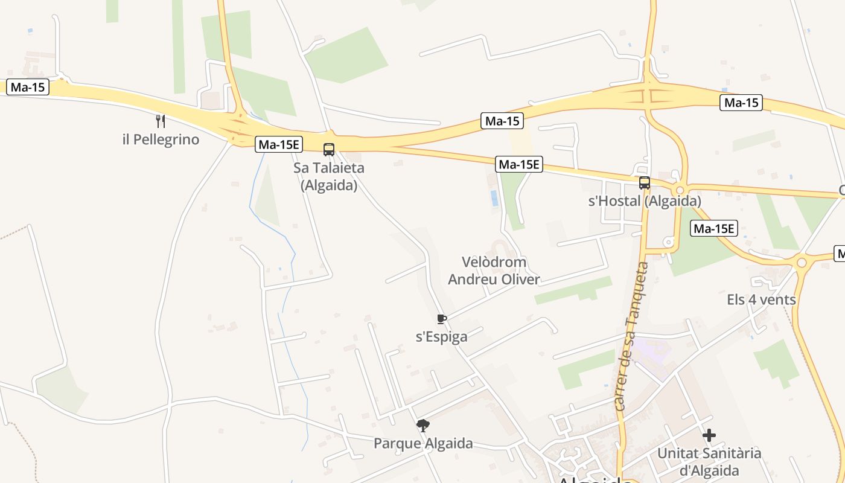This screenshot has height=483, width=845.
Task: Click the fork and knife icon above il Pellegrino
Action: pos(161,121)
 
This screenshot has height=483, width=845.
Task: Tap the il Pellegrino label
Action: pos(161,139)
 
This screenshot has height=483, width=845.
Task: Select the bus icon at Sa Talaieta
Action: pos(329,149)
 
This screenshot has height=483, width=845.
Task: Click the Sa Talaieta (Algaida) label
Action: pos(329,176)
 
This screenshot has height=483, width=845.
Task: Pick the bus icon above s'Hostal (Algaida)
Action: pos(645,183)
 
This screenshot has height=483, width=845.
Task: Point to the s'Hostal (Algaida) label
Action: pos(645,201)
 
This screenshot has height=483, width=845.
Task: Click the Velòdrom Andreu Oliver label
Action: pos(494,270)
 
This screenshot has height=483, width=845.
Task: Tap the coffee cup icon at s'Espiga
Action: pos(442,319)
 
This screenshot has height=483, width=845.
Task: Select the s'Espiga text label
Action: pos(442,337)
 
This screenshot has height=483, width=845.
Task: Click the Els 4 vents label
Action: pos(761,299)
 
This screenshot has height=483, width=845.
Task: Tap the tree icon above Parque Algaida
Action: pos(423,426)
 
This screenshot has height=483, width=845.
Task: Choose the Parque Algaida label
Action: pos(423,444)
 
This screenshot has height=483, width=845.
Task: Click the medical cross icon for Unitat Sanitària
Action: pos(709,435)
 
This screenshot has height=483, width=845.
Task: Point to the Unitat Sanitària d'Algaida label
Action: pos(709,461)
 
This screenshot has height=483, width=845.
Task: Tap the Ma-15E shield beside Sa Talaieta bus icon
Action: pos(279,144)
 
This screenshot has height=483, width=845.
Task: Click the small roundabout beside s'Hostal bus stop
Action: pos(680,190)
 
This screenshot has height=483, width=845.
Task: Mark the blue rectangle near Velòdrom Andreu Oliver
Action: pos(494,198)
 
